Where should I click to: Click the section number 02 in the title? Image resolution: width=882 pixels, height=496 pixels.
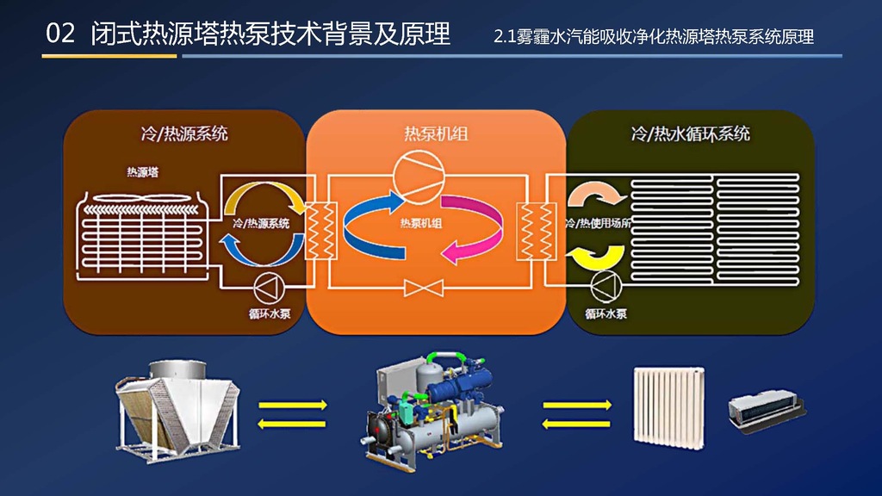click(60, 34)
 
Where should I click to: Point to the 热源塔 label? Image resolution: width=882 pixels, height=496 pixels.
click(143, 172)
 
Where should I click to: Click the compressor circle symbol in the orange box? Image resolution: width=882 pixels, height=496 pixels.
click(416, 175)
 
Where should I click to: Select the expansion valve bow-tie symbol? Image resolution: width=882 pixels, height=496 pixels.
click(423, 288)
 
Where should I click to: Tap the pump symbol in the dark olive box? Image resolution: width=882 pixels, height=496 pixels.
click(606, 283)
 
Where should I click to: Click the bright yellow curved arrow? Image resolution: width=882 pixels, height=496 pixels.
click(597, 255)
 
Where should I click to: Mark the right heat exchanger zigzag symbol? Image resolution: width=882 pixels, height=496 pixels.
click(528, 231)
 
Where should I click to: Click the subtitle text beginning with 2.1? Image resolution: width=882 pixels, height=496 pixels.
click(654, 38)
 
